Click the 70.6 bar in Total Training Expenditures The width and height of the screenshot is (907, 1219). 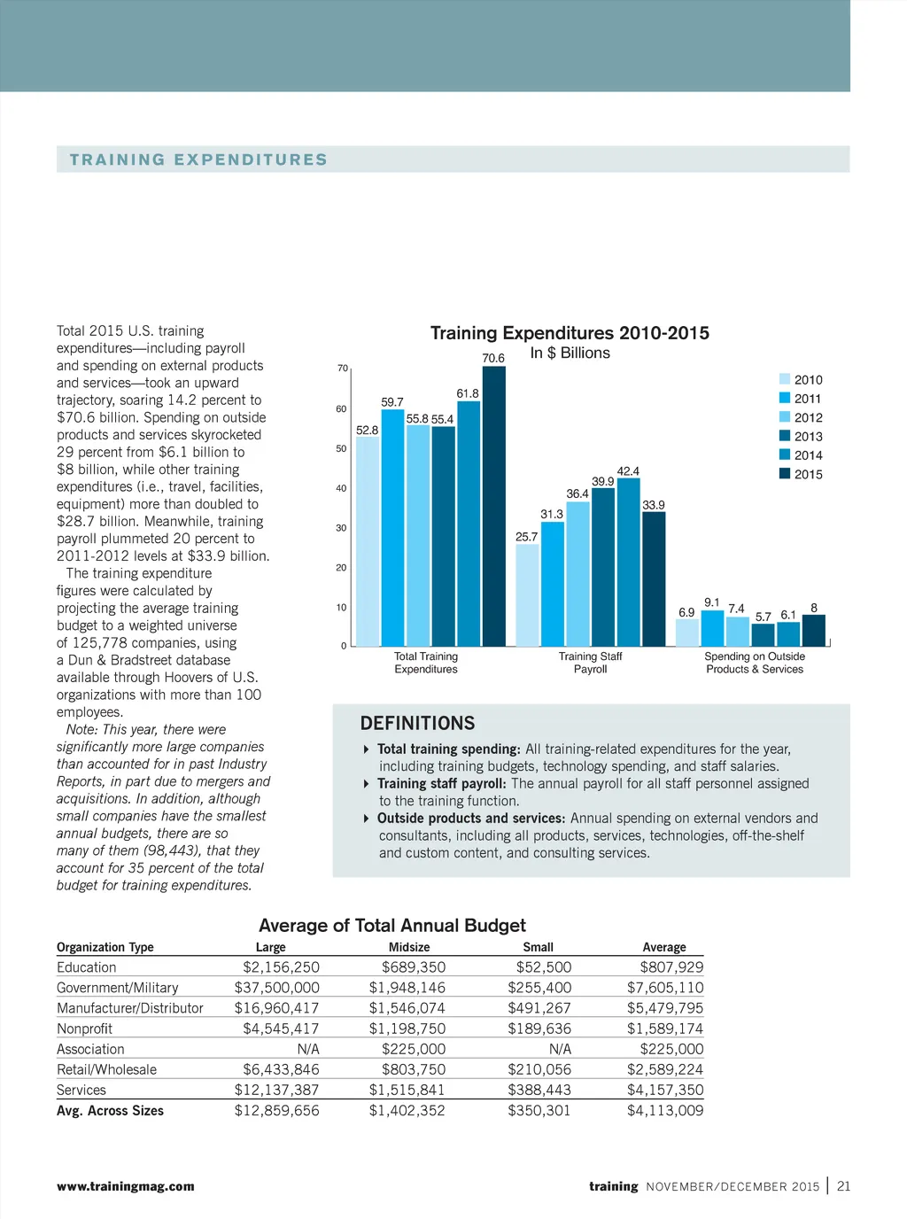[x=493, y=506]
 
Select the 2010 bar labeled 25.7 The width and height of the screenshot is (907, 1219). [x=527, y=595]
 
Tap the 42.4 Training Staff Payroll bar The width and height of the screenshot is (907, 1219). [x=628, y=562]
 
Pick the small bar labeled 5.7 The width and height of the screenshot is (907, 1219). [x=763, y=635]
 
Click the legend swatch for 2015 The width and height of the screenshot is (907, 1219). [x=785, y=473]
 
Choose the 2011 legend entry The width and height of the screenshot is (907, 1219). [x=801, y=399]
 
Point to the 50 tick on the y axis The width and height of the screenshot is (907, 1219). [x=341, y=448]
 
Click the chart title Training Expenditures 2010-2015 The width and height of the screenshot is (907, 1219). [x=570, y=333]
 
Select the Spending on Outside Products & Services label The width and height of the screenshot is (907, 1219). [x=755, y=663]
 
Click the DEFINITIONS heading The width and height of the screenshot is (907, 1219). [x=417, y=723]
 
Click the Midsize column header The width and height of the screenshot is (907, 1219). [x=409, y=947]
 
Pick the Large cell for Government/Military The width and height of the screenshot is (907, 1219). [x=276, y=988]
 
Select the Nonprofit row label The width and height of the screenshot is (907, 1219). [x=84, y=1029]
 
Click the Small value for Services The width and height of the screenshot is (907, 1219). [x=539, y=1090]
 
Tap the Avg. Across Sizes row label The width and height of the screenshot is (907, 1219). [x=110, y=1110]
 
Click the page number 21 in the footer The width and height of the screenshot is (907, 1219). [x=843, y=1186]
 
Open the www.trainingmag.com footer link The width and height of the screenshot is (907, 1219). [x=125, y=1186]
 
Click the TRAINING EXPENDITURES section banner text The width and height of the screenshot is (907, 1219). [x=198, y=159]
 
